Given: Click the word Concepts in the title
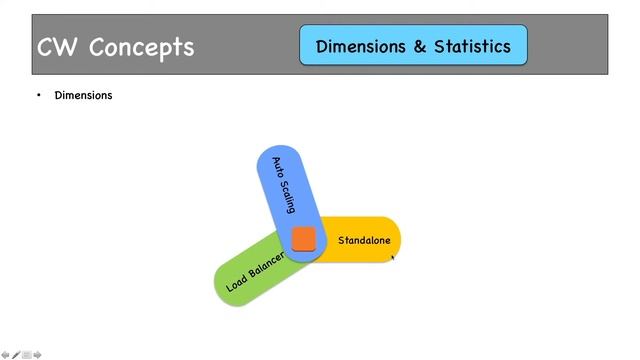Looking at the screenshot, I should point(141,47).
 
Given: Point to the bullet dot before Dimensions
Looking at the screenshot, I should point(39,96).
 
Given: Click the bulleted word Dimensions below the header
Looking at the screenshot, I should point(83,96).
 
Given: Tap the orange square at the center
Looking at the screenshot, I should point(303,239).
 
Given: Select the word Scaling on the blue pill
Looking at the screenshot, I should point(287,199).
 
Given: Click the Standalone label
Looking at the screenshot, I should point(364,240).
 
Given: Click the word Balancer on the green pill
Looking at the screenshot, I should point(267,263).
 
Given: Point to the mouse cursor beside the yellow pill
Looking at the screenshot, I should point(392,257).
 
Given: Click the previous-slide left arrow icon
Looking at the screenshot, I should point(5,354).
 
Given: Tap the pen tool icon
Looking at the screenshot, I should point(16,354).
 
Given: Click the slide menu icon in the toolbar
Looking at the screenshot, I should point(27,354).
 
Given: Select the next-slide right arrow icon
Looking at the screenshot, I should point(38,354).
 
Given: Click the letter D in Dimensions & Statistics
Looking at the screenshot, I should point(322,46).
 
